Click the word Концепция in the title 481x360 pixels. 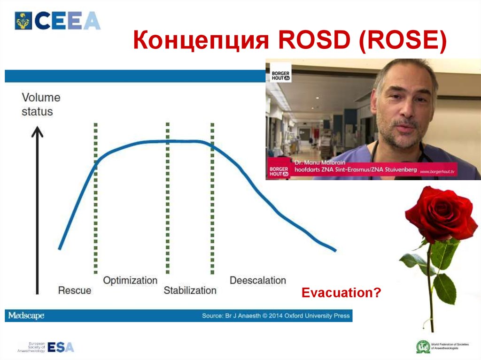199,41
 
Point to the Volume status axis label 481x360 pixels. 41,105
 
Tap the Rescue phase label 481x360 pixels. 74,291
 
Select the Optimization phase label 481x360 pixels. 130,281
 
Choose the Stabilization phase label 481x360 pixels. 190,291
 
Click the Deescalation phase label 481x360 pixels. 257,281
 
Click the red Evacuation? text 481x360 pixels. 341,293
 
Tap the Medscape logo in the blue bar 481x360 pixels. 26,316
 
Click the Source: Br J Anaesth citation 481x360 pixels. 276,316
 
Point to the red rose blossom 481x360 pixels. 440,214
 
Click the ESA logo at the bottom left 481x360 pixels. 60,347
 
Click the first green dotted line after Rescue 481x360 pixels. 95,197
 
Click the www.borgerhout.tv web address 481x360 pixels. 437,172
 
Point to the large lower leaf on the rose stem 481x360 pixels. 444,288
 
